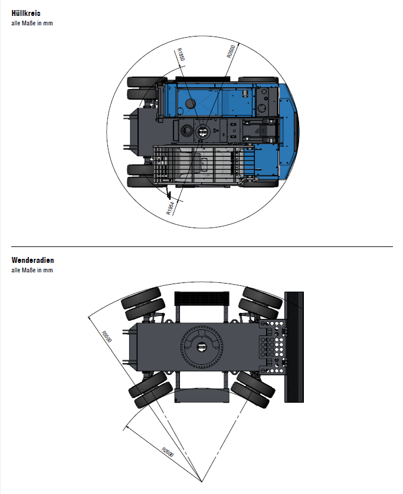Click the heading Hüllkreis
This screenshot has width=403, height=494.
[x=26, y=13]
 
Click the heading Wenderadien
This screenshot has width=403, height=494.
[x=32, y=260]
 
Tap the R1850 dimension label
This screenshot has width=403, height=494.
[x=181, y=54]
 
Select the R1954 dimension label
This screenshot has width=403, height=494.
[x=171, y=209]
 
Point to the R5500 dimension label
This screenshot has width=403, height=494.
[x=107, y=336]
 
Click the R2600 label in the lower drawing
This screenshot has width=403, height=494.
[x=168, y=452]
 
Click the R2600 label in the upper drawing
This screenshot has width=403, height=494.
[x=231, y=51]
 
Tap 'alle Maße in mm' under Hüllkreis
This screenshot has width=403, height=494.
[x=32, y=23]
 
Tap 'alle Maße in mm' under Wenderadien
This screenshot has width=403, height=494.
[x=32, y=270]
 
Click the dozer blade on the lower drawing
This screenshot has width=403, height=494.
[x=294, y=347]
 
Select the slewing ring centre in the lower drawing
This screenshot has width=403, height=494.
[x=202, y=347]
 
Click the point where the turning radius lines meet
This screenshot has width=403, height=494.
[x=202, y=482]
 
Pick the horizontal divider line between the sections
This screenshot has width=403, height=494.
[x=202, y=246]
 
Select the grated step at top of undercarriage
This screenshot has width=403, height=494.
[x=202, y=298]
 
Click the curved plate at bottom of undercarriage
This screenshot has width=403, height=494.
[x=202, y=396]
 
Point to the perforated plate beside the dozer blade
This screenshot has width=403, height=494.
[x=273, y=347]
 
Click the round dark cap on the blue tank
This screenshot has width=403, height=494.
[x=190, y=103]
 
